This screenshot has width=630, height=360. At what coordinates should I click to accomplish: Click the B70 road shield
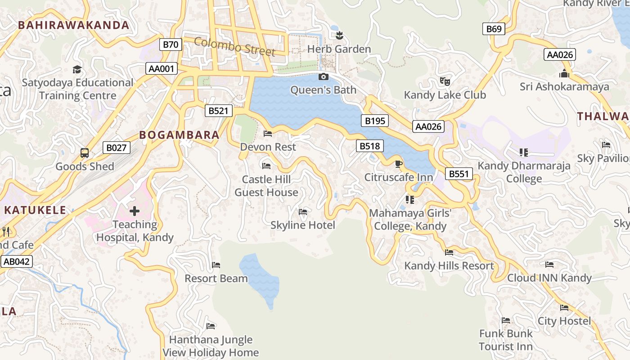tap(171, 45)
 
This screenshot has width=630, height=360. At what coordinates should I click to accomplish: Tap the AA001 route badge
tap(162, 69)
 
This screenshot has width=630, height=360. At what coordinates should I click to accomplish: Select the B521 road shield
tap(219, 111)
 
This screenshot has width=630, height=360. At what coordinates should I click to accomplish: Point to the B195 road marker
tap(375, 121)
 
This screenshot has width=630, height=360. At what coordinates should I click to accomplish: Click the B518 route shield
tap(370, 146)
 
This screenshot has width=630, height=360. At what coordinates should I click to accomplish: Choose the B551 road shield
tap(459, 174)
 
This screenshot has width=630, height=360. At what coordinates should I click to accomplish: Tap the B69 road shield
tap(494, 29)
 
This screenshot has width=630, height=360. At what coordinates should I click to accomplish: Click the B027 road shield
tap(117, 148)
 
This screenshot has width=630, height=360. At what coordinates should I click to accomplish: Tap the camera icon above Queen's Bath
tap(323, 77)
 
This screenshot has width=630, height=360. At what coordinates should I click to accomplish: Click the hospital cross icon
tap(135, 211)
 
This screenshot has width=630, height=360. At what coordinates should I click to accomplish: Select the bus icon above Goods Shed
tap(85, 153)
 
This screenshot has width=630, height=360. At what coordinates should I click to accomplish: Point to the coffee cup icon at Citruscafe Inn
tap(398, 164)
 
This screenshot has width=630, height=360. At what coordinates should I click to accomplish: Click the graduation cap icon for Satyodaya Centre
tap(77, 69)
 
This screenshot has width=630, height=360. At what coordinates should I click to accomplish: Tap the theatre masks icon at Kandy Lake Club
tap(445, 81)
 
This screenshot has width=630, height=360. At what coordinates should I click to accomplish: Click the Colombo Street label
tap(234, 47)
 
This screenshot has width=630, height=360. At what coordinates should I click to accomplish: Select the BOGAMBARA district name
tap(179, 135)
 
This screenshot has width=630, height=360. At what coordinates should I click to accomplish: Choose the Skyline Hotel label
tap(303, 225)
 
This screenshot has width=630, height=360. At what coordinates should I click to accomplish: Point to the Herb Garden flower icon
tap(339, 35)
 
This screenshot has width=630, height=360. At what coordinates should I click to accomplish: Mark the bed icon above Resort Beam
tap(216, 265)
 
